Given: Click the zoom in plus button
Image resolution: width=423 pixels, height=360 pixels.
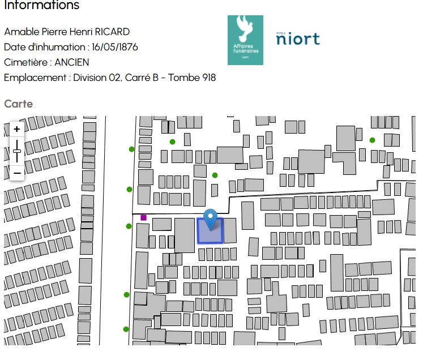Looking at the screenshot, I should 17,129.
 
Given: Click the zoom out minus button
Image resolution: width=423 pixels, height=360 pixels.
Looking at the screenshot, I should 17,173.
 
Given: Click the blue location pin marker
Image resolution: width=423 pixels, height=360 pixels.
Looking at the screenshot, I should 210,218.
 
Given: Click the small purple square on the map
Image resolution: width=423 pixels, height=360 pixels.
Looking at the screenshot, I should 143,217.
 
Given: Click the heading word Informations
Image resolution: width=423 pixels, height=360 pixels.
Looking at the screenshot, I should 41,6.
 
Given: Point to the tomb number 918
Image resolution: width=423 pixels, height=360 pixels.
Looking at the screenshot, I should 208,78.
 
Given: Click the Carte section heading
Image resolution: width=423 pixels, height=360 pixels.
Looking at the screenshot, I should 18,104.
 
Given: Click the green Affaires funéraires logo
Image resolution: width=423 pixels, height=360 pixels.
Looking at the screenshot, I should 245,40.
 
